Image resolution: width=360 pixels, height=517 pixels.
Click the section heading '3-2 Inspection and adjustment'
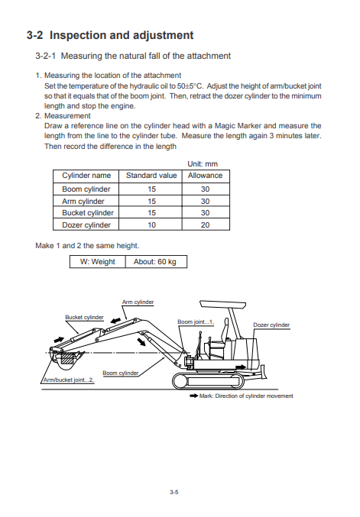109,35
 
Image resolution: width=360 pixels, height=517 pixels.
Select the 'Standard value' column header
151,176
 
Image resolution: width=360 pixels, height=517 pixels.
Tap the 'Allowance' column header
205,176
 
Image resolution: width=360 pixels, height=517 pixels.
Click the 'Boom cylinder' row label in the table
86,189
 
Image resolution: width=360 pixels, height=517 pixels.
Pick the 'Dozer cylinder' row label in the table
86,225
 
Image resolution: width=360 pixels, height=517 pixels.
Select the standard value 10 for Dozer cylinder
151,225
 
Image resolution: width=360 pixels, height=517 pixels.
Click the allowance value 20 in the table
205,225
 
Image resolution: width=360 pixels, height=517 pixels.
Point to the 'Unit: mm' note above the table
202,163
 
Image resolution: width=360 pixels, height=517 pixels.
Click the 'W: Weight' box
98,261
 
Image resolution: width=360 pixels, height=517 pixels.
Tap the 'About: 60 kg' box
155,261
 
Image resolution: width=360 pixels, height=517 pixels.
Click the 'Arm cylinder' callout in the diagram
138,302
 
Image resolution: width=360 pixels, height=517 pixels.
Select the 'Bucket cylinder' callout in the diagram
84,317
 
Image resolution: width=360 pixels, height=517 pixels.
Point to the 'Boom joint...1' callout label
196,322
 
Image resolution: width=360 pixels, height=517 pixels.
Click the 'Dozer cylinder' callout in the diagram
271,325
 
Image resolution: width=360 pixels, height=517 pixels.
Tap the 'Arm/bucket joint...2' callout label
69,380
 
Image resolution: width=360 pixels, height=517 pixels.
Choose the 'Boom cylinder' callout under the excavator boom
120,373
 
